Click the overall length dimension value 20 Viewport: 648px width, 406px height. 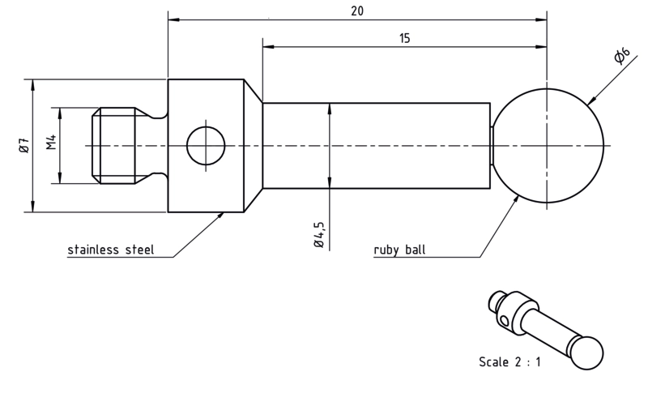coord(357,11)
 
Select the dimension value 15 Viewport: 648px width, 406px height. coord(404,38)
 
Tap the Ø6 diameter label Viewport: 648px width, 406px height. coord(621,56)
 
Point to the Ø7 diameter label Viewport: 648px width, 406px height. coord(24,145)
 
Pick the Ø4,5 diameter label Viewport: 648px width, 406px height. coord(319,234)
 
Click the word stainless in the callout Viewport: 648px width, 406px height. coord(93,250)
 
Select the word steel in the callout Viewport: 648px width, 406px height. coord(139,250)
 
